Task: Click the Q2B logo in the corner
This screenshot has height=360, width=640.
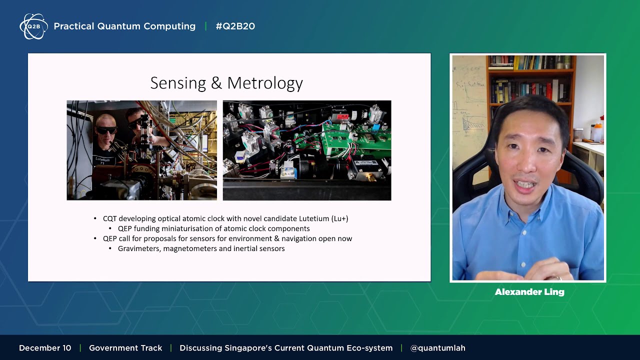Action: pyautogui.click(x=33, y=26)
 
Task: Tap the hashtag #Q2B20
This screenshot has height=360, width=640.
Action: pyautogui.click(x=235, y=26)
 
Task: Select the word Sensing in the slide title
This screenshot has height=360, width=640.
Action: pyautogui.click(x=178, y=83)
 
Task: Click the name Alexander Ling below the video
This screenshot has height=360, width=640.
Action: pyautogui.click(x=529, y=292)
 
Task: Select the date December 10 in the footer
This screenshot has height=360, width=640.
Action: pyautogui.click(x=45, y=348)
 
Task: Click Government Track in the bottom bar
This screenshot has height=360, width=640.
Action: pyautogui.click(x=125, y=348)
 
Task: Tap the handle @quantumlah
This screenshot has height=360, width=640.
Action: pyautogui.click(x=437, y=348)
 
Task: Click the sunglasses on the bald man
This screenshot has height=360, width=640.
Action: pyautogui.click(x=106, y=130)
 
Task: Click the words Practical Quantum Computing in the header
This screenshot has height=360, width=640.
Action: pyautogui.click(x=124, y=26)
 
